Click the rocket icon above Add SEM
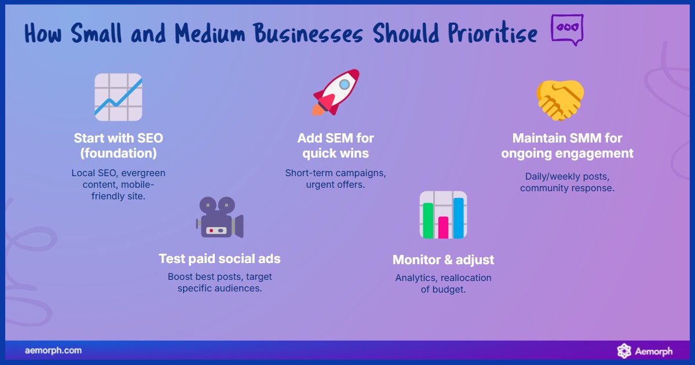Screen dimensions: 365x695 (336, 93)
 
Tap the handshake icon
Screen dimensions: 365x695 (560, 100)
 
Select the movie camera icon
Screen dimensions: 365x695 (220, 218)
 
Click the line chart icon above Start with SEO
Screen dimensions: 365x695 (118, 97)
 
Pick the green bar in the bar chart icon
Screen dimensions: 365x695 (428, 221)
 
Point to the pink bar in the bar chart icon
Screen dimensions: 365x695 (443, 227)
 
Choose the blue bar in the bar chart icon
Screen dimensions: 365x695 (458, 218)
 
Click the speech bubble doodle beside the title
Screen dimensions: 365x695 (566, 29)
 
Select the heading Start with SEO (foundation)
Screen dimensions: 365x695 (118, 146)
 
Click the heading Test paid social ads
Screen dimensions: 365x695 (220, 259)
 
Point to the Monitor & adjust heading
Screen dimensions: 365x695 (443, 260)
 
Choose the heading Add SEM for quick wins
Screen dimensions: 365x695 (336, 146)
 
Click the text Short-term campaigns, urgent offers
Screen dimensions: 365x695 (336, 178)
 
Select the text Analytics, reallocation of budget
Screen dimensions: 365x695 (443, 283)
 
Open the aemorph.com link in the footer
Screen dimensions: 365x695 (53, 351)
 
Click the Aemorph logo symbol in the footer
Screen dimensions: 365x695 (624, 351)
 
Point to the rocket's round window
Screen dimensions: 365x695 (345, 85)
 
